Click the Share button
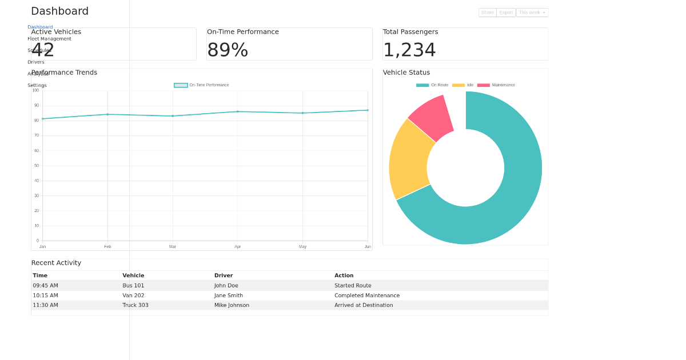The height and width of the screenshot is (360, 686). point(487,13)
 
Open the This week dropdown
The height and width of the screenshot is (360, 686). point(532,13)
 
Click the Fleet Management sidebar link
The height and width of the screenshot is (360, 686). point(49,39)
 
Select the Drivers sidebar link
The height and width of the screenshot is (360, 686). point(36,62)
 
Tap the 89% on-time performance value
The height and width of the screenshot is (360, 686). point(228,50)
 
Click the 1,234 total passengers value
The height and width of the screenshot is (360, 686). point(409,50)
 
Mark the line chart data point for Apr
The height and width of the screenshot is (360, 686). point(238,111)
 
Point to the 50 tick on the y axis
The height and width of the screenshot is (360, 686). point(37,166)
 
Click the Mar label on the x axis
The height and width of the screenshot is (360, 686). point(173,247)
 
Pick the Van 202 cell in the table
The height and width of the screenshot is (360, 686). point(133,295)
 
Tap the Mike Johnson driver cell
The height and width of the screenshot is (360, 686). point(232,305)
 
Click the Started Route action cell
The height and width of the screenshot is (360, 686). point(353,286)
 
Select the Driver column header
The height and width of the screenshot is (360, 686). point(224,275)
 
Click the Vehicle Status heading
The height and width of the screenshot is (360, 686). point(406,73)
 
